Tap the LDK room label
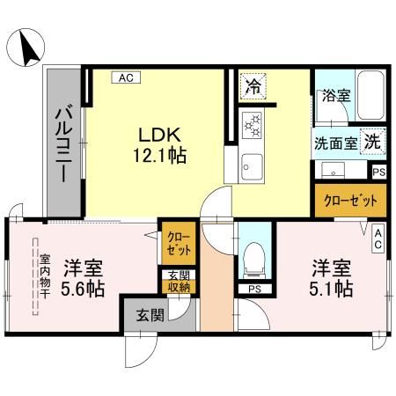click(159, 136)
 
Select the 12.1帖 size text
click(159, 156)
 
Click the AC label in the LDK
click(125, 77)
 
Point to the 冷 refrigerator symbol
click(253, 86)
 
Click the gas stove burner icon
click(253, 126)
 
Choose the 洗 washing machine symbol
click(373, 141)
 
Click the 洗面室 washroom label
click(334, 142)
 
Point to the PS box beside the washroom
click(378, 172)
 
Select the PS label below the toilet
click(253, 289)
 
